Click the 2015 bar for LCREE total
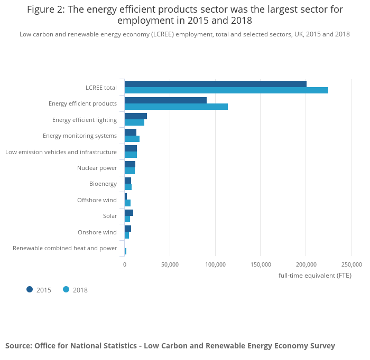(x=216, y=84)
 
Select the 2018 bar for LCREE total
(x=226, y=90)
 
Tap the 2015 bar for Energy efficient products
(x=165, y=100)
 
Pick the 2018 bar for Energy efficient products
(x=176, y=107)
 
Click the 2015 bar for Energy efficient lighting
(x=136, y=116)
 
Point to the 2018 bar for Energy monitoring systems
(x=132, y=139)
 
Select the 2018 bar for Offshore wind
(x=127, y=203)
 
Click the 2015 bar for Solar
(x=129, y=213)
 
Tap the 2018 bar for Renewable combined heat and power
(x=125, y=251)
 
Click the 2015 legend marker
(x=30, y=289)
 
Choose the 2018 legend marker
(x=66, y=289)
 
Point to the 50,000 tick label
(x=170, y=264)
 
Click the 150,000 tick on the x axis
(x=261, y=264)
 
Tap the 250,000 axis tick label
(x=351, y=264)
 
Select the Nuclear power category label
(x=97, y=168)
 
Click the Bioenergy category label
(x=103, y=184)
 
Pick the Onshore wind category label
(x=97, y=232)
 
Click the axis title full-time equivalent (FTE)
(x=315, y=275)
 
